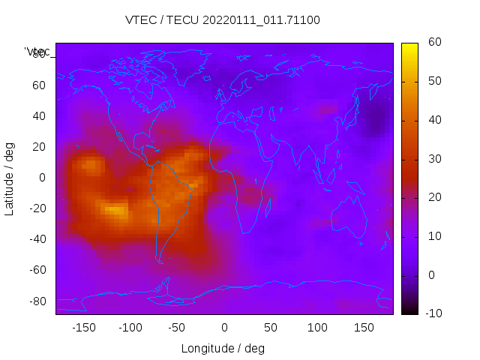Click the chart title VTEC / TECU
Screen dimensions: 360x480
[x=223, y=20]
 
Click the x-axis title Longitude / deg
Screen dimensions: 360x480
[x=223, y=348]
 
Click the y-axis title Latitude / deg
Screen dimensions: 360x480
[x=10, y=178]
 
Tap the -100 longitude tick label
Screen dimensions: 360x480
[x=130, y=328]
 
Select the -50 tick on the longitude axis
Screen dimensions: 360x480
[x=177, y=328]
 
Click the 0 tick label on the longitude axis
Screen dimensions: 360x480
[x=224, y=328]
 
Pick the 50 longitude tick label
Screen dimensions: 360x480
[x=271, y=328]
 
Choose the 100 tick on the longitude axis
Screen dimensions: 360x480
[x=317, y=328]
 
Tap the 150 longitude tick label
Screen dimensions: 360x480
[x=364, y=328]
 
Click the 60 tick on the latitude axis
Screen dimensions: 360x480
[x=39, y=85]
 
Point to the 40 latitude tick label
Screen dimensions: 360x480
[x=39, y=115]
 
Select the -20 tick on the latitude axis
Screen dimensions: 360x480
[x=36, y=208]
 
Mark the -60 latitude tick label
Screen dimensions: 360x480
[x=36, y=270]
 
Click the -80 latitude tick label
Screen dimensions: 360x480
[x=36, y=301]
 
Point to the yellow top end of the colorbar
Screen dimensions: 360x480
[x=409, y=46]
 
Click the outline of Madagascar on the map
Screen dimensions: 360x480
[x=268, y=208]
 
